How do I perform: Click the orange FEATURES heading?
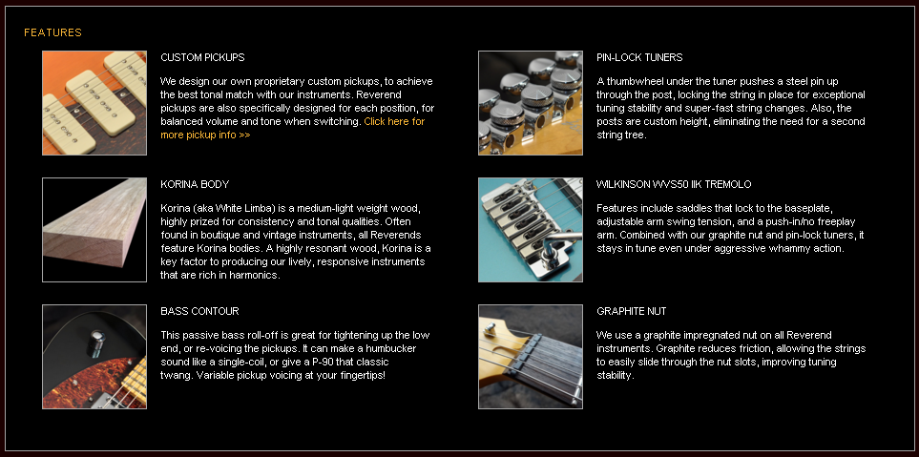52,32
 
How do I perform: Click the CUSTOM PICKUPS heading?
202,57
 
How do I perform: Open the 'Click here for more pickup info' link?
292,128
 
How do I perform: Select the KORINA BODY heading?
195,184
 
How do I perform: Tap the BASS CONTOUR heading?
199,311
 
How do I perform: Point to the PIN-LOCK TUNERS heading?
639,57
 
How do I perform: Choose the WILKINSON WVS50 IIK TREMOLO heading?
674,184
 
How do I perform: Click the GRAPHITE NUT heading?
631,311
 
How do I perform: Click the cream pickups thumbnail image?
94,103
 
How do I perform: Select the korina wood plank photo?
94,230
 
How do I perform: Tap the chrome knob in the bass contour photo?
96,343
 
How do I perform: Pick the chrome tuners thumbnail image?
531,103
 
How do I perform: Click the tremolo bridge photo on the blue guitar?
531,230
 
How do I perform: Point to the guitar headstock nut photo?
531,356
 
